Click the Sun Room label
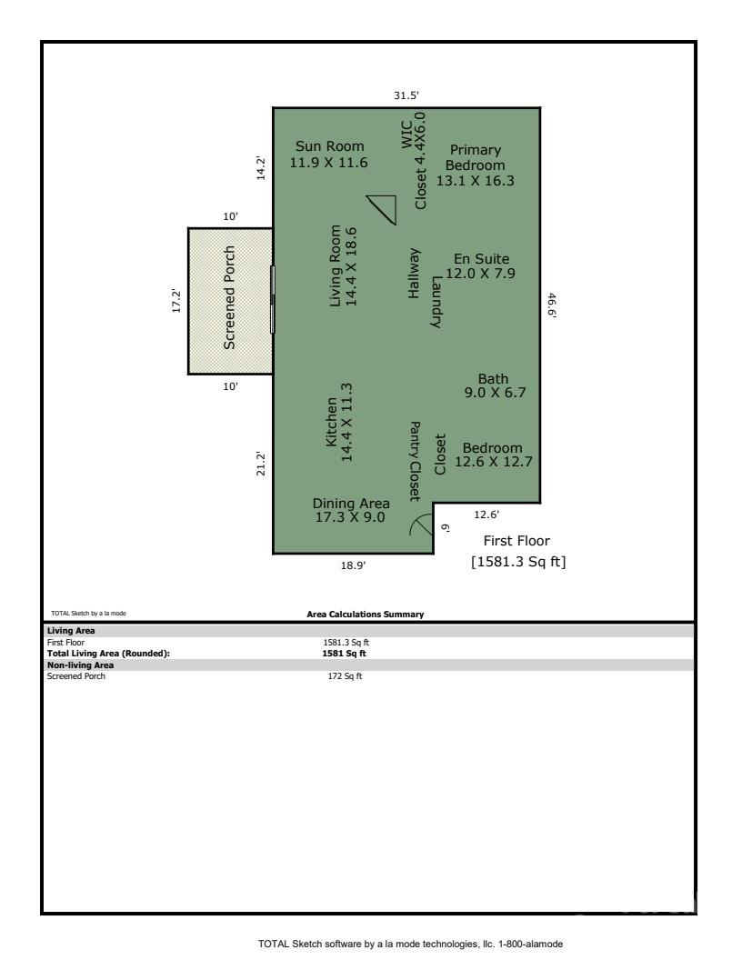click(329, 146)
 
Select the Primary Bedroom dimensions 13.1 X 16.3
click(475, 181)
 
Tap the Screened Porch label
click(230, 297)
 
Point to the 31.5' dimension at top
click(406, 95)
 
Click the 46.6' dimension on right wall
click(551, 304)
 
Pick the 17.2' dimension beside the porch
click(177, 301)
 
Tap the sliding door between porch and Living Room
click(273, 299)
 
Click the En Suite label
click(481, 259)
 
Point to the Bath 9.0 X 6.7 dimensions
click(495, 394)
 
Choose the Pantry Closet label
click(415, 461)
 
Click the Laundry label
click(436, 302)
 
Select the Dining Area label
click(351, 504)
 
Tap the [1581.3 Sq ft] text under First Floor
click(518, 562)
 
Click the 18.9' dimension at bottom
click(353, 565)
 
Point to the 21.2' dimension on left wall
click(261, 463)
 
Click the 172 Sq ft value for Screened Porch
click(345, 676)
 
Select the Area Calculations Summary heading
click(366, 615)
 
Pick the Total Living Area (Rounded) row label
click(108, 653)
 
